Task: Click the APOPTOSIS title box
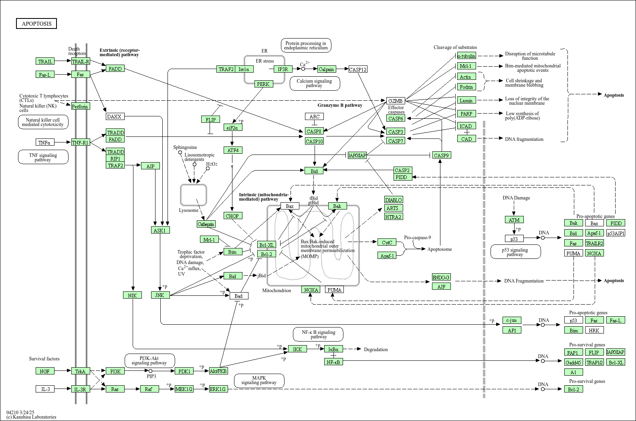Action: click(x=36, y=24)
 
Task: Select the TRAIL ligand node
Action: click(x=45, y=61)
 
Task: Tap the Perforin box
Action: click(x=80, y=106)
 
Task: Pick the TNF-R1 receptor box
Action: click(x=81, y=142)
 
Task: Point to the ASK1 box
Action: click(x=160, y=230)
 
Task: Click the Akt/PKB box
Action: click(x=218, y=371)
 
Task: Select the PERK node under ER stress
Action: click(x=263, y=84)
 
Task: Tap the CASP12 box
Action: click(x=358, y=69)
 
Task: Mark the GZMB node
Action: click(x=396, y=101)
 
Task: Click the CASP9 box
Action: click(x=441, y=155)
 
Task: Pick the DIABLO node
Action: click(x=394, y=200)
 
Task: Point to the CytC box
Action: click(x=387, y=242)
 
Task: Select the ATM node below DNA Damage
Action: click(x=514, y=220)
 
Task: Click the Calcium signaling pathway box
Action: click(x=314, y=83)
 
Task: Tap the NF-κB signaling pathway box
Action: click(x=319, y=334)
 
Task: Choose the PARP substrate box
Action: click(x=466, y=114)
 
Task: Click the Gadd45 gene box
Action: click(x=573, y=362)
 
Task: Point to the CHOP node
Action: click(x=232, y=216)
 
